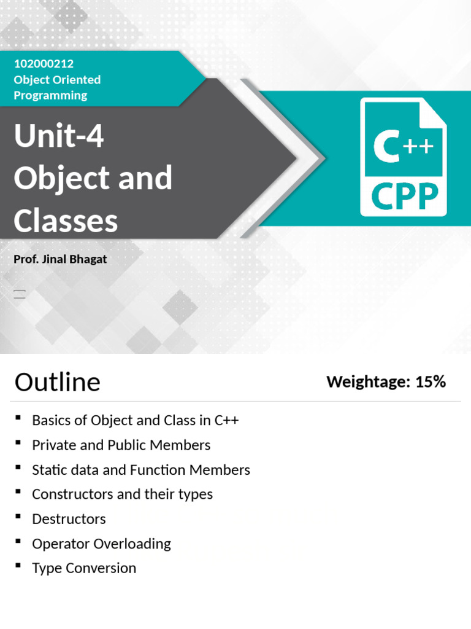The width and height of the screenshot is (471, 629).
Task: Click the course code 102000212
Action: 44,63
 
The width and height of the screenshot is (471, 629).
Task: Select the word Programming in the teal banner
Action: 50,95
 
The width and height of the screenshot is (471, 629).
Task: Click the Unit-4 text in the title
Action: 59,136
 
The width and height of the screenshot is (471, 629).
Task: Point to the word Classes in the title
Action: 66,221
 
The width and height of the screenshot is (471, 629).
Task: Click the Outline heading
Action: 57,382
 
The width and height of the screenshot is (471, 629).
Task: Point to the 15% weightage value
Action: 430,381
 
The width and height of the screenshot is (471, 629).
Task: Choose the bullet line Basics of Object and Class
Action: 135,420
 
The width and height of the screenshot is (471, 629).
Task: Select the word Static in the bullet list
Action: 49,470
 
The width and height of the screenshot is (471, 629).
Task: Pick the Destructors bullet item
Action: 69,519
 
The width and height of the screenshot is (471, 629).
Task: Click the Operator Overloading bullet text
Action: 101,544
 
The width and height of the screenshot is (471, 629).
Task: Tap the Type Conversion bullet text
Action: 84,568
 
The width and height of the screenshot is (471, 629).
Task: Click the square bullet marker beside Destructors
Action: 18,517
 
